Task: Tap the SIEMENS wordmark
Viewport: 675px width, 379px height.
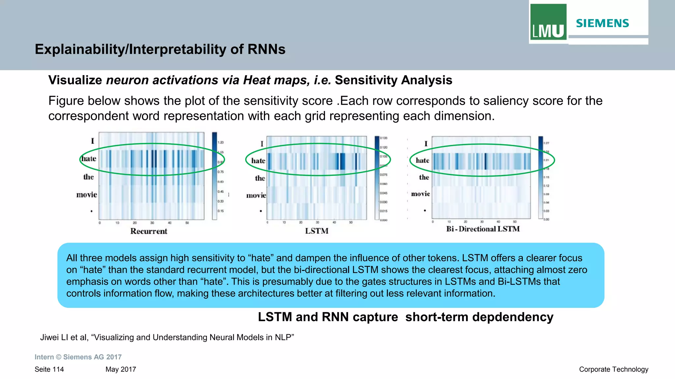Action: click(602, 23)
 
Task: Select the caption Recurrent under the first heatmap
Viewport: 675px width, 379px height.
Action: click(149, 231)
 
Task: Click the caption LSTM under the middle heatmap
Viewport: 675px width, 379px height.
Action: click(316, 231)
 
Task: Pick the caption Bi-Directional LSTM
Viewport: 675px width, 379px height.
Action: click(483, 229)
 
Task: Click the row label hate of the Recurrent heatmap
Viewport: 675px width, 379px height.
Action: click(89, 159)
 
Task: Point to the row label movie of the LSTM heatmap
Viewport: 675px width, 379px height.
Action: click(256, 195)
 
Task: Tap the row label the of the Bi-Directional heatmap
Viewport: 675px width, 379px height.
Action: click(424, 177)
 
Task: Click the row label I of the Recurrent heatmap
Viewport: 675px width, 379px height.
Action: click(93, 141)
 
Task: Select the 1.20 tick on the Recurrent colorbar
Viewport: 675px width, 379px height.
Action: click(221, 142)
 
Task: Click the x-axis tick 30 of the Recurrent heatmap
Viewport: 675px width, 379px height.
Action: click(152, 223)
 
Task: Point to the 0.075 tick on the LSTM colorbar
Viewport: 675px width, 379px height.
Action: click(383, 175)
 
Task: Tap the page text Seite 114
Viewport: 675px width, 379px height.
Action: click(49, 369)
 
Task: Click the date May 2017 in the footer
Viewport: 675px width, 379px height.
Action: click(121, 369)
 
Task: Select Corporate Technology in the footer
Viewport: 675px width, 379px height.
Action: click(613, 369)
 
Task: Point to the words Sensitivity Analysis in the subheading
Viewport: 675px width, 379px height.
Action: click(393, 80)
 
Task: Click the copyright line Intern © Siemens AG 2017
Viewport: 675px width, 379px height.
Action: click(78, 357)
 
